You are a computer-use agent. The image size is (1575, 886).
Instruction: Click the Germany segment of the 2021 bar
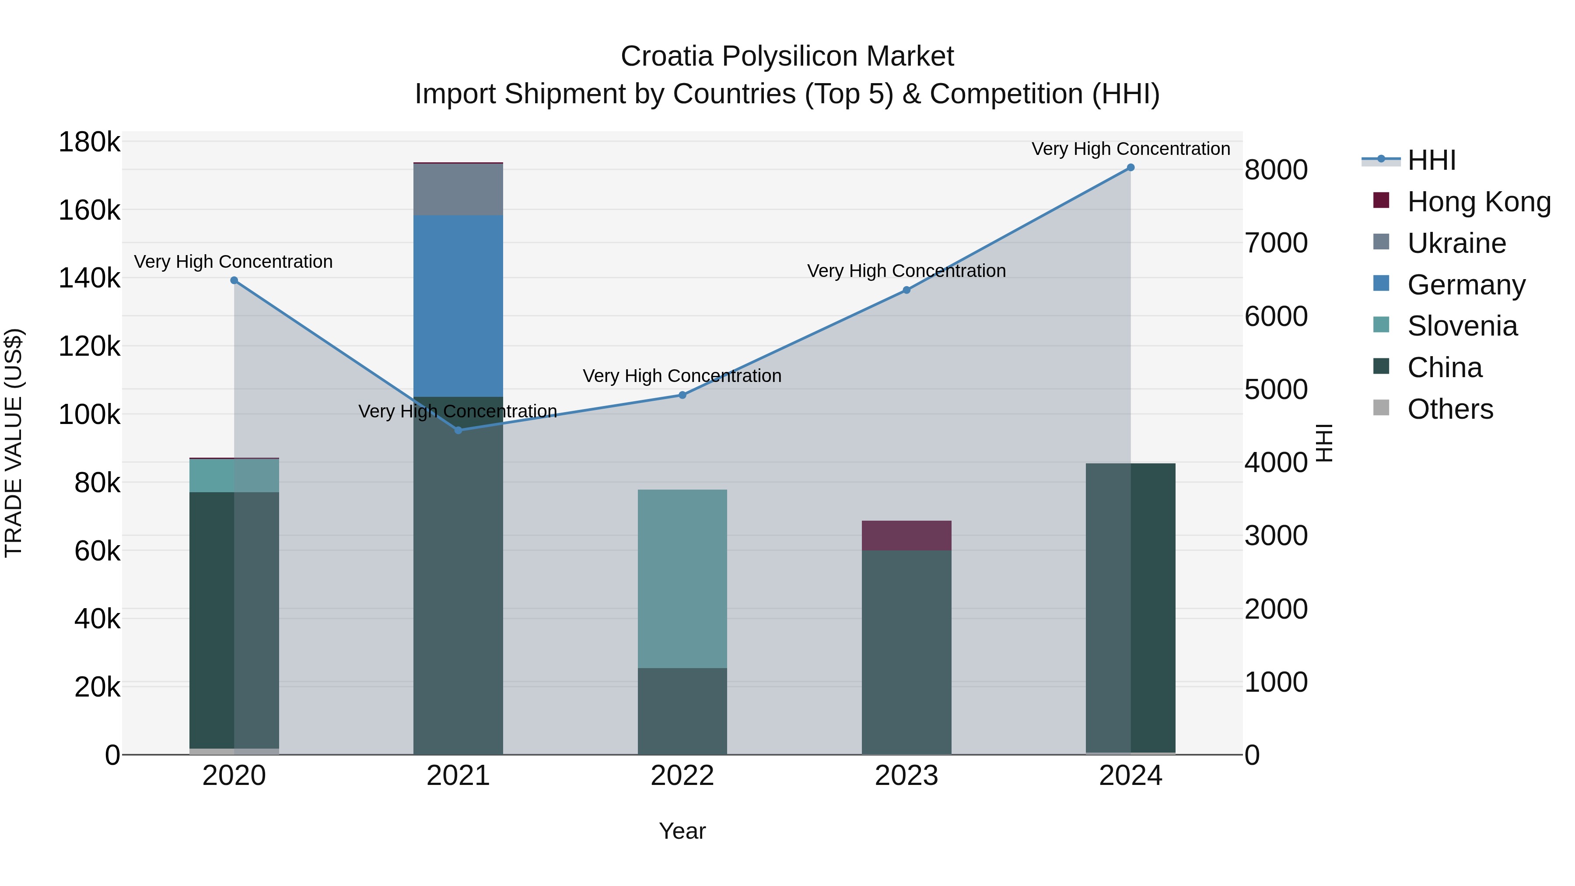click(x=458, y=306)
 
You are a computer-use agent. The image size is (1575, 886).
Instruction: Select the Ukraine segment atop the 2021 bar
click(x=458, y=189)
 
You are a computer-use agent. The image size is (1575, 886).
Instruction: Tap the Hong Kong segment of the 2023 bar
click(x=906, y=536)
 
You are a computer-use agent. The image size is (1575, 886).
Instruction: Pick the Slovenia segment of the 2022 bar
click(x=682, y=578)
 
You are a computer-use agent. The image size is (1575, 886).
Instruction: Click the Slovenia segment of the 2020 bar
click(x=234, y=476)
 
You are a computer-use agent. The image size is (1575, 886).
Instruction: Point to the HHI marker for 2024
click(x=1130, y=168)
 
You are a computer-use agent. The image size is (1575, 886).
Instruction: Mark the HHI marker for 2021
click(x=458, y=431)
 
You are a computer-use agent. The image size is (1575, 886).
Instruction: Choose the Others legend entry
click(x=1450, y=409)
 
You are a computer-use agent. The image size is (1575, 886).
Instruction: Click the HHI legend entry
click(x=1431, y=160)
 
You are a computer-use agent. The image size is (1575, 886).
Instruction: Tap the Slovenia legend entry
click(x=1461, y=326)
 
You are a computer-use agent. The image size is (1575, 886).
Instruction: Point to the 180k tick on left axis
click(x=89, y=143)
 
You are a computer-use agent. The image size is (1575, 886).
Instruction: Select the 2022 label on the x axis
click(x=682, y=776)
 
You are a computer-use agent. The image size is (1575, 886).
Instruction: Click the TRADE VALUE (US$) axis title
click(x=14, y=443)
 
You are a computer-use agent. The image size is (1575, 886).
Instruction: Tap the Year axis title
click(x=682, y=831)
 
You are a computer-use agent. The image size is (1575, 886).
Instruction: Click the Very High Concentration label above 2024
click(x=1130, y=149)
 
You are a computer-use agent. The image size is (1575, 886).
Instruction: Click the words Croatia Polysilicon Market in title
click(x=787, y=56)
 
